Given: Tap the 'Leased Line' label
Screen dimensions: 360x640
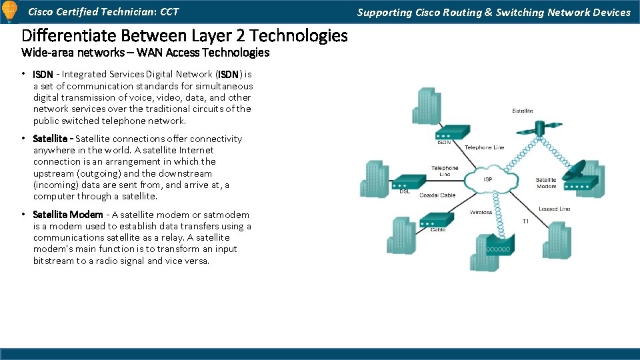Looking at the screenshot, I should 554,209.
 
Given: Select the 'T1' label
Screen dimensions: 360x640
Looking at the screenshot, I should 525,221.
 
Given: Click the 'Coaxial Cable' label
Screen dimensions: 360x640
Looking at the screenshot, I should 437,195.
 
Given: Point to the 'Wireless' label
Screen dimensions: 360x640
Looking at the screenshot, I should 481,213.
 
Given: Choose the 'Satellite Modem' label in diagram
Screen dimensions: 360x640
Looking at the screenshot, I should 546,183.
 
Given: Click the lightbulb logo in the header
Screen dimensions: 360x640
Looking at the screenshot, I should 10,11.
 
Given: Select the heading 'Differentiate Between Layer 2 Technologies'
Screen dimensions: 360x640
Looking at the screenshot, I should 185,35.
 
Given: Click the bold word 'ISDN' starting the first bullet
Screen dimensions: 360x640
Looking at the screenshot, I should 43,75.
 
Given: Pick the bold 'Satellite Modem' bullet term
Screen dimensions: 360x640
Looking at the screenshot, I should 68,215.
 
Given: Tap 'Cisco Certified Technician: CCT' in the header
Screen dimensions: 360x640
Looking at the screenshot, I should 103,12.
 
